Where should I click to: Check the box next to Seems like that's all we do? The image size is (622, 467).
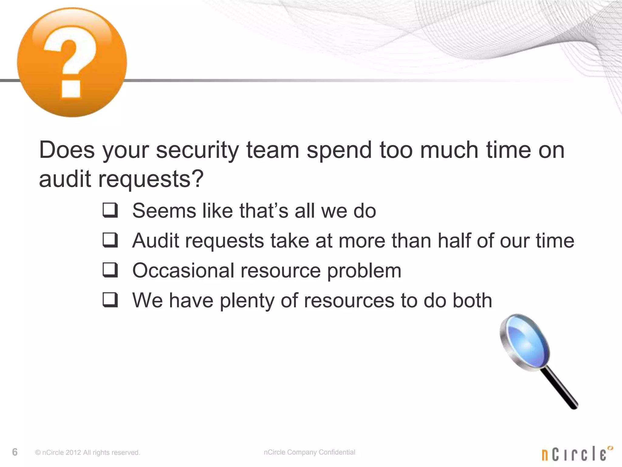click(x=110, y=210)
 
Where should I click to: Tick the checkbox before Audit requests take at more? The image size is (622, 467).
click(x=110, y=240)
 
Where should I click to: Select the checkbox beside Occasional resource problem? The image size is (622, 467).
click(x=110, y=270)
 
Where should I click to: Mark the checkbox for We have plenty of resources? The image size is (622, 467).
click(x=110, y=300)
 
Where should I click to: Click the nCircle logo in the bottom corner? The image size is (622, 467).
click(x=577, y=453)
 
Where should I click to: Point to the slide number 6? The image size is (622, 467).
click(x=15, y=452)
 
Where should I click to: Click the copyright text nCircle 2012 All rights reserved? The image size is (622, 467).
click(x=87, y=453)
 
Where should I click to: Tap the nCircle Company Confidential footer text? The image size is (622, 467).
click(x=309, y=452)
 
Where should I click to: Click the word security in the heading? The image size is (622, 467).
click(x=197, y=150)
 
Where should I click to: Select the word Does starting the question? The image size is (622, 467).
click(x=67, y=150)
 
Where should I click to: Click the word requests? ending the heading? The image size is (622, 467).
click(x=151, y=179)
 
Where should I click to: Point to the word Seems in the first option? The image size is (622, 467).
click(x=164, y=210)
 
